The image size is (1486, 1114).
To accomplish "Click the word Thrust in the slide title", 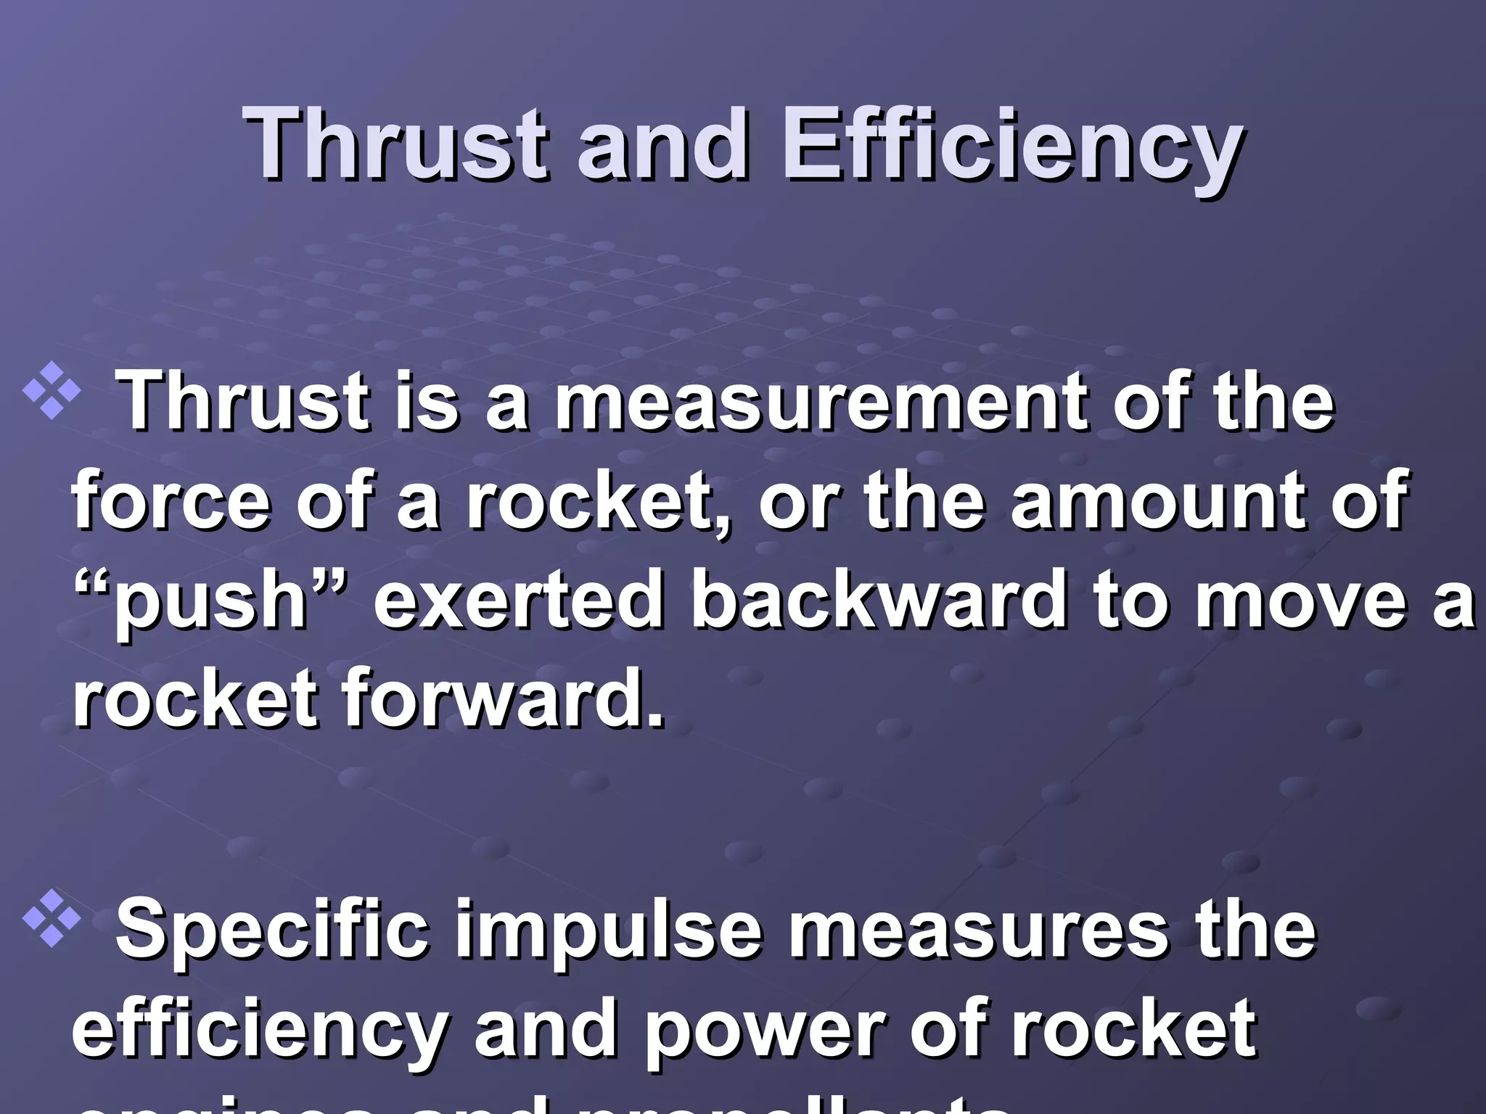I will pyautogui.click(x=395, y=143).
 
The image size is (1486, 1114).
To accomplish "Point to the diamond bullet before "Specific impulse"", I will pyautogui.click(x=52, y=921).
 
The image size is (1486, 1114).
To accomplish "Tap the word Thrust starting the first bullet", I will pyautogui.click(x=243, y=403).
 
